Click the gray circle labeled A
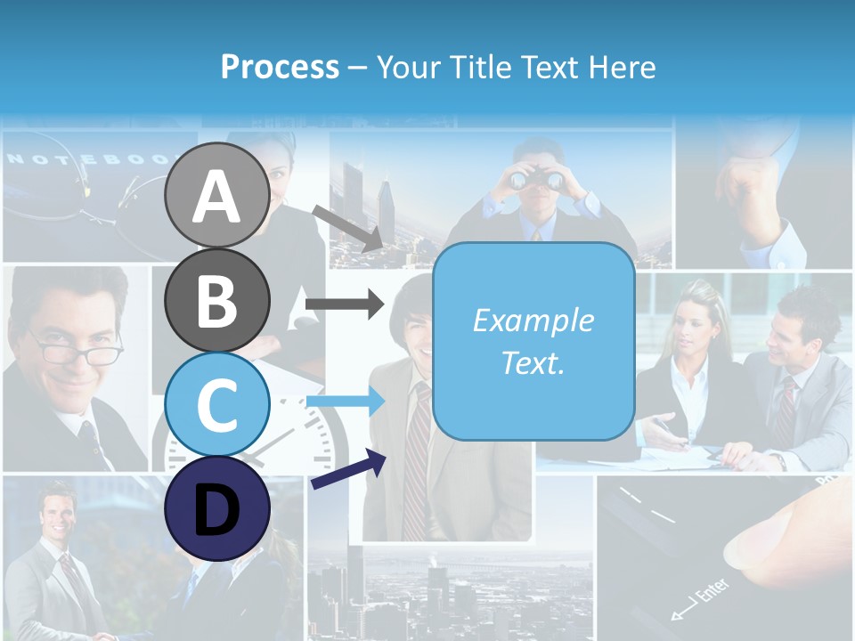216,195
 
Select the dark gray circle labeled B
216,300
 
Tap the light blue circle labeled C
216,404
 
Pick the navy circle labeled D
216,508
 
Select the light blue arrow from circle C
344,402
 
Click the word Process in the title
280,67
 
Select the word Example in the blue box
533,320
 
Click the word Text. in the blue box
533,363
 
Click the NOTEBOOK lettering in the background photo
89,159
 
